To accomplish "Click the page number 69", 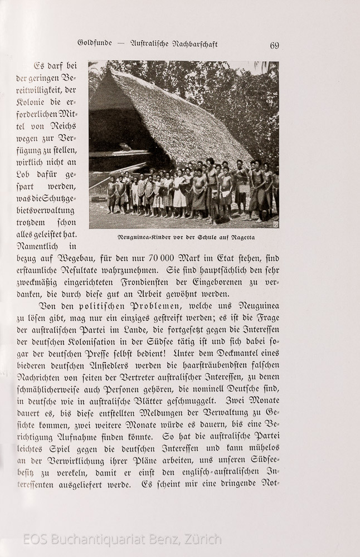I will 274,46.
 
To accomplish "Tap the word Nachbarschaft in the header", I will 191,44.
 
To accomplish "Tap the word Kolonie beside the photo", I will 32,102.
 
